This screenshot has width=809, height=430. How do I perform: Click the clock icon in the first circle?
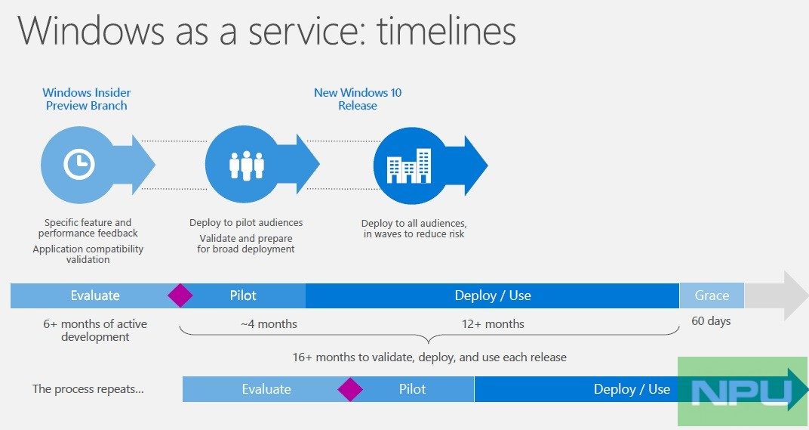[79, 164]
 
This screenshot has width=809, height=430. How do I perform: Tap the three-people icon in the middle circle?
[246, 166]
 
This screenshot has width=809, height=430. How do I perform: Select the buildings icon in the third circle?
[409, 166]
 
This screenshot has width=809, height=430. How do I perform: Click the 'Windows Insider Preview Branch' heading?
[87, 99]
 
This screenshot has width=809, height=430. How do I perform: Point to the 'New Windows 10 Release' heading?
[358, 99]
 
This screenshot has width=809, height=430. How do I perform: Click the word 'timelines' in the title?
[446, 30]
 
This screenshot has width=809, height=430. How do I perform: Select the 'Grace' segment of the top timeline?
[712, 295]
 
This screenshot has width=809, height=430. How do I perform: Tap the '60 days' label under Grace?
[711, 321]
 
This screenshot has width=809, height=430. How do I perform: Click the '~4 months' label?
[269, 324]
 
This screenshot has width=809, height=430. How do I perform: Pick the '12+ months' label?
[493, 324]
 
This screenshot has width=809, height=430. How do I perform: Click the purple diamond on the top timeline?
[180, 295]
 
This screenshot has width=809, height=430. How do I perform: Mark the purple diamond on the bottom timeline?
[350, 389]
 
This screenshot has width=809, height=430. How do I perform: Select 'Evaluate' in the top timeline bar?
[95, 295]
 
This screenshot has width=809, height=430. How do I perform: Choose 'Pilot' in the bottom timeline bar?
[412, 389]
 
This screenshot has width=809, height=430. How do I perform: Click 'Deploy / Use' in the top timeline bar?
[493, 295]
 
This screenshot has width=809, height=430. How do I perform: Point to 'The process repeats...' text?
[88, 388]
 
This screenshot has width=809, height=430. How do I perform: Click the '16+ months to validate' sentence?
[429, 357]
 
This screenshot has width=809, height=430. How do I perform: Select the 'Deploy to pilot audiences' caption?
[246, 223]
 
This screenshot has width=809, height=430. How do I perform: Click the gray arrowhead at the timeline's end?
[795, 295]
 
